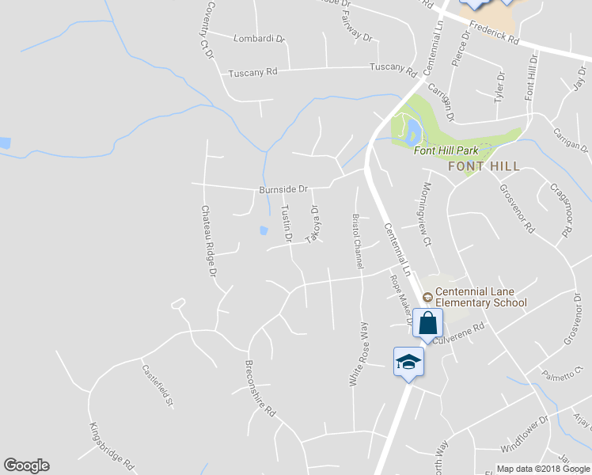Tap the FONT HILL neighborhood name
(484, 167)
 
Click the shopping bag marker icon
(427, 323)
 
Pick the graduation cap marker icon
(408, 362)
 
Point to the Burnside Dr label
(283, 190)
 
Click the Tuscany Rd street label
(253, 73)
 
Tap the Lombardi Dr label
(258, 38)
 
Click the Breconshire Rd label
(260, 390)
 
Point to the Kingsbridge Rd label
(112, 446)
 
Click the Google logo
(26, 465)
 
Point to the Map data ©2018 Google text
(543, 469)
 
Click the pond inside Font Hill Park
(412, 130)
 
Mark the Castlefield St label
(157, 386)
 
